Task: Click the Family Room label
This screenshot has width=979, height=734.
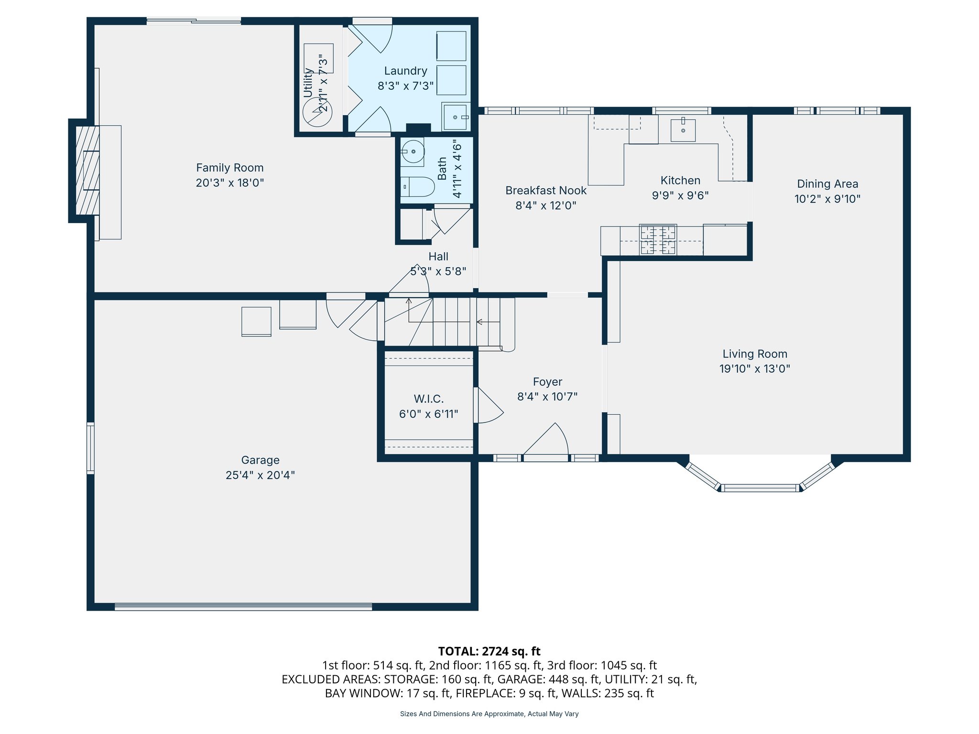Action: [229, 168]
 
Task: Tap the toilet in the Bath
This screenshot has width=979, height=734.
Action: [417, 186]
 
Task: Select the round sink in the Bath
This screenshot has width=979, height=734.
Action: [413, 152]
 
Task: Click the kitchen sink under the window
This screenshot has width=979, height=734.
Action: [683, 130]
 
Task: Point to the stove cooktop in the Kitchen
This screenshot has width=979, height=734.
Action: [658, 240]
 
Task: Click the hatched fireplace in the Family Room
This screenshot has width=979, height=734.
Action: [87, 171]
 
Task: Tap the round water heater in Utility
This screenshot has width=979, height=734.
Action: [317, 113]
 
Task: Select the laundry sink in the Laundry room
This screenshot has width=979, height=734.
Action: [456, 117]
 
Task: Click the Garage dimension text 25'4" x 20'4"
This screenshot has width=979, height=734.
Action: [260, 475]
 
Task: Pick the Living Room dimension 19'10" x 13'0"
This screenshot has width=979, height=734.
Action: [754, 369]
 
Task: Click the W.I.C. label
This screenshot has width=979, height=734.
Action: [428, 399]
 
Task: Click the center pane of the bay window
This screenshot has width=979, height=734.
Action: [760, 488]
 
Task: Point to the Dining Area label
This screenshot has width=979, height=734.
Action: [827, 184]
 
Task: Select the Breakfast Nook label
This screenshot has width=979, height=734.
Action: [545, 191]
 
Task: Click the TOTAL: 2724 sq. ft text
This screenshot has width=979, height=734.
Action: [489, 651]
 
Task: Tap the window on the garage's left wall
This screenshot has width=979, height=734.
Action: [90, 448]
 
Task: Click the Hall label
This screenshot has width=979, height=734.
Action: [438, 257]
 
